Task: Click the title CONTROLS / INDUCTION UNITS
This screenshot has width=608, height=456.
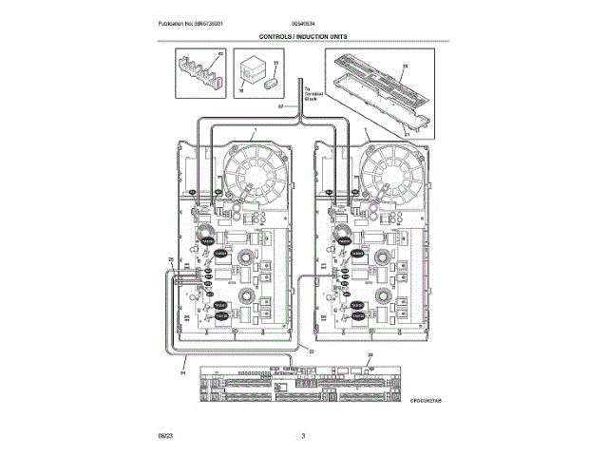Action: (x=303, y=35)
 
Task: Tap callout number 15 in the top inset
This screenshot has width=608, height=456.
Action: (x=275, y=64)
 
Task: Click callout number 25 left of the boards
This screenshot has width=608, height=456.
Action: (x=170, y=259)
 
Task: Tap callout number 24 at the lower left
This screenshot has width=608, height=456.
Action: (x=181, y=372)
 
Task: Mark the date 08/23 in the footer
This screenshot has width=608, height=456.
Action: (x=165, y=434)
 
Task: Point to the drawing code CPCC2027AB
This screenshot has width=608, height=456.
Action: (x=427, y=402)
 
